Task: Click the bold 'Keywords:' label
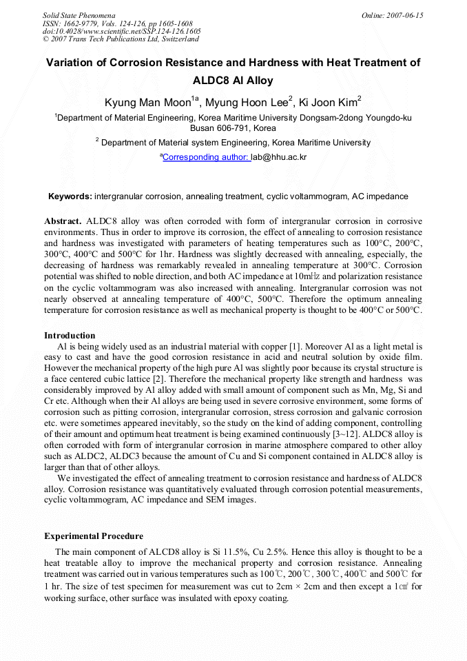click(x=70, y=196)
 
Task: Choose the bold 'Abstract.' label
click(x=63, y=221)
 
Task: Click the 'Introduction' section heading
click(x=70, y=336)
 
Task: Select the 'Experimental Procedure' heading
click(x=94, y=536)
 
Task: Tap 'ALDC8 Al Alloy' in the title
click(x=233, y=80)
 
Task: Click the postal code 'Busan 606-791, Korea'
click(x=233, y=128)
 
